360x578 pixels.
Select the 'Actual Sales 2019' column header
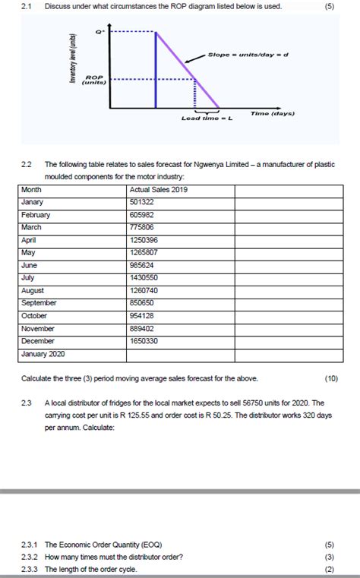pyautogui.click(x=159, y=189)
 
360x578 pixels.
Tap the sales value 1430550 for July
pyautogui.click(x=144, y=278)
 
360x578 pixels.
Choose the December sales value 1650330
pyautogui.click(x=144, y=341)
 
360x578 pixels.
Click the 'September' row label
pyautogui.click(x=39, y=303)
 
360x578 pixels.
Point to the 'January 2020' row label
pyautogui.click(x=44, y=354)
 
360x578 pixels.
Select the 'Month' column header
pyautogui.click(x=32, y=189)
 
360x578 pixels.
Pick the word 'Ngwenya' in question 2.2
pyautogui.click(x=207, y=164)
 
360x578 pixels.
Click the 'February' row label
pyautogui.click(x=36, y=215)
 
